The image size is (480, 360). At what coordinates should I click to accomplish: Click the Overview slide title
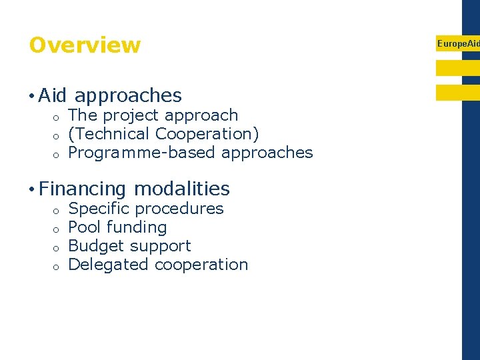pyautogui.click(x=85, y=45)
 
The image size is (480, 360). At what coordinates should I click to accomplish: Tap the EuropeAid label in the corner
pyautogui.click(x=457, y=43)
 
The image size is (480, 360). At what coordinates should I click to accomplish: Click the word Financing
pyautogui.click(x=82, y=190)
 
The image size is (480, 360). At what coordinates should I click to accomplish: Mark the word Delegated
pyautogui.click(x=109, y=265)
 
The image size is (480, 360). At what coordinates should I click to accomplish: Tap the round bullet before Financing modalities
pyautogui.click(x=32, y=189)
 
